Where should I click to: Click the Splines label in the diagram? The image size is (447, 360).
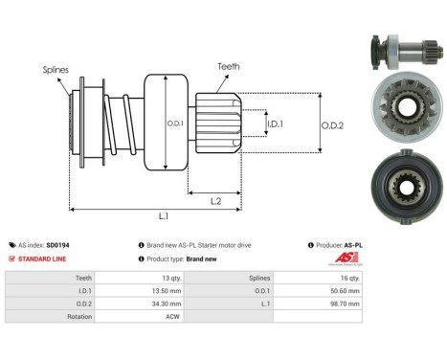point(55,69)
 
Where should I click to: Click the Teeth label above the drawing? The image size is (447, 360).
point(229,66)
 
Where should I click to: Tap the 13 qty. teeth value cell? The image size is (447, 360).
point(171,277)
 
